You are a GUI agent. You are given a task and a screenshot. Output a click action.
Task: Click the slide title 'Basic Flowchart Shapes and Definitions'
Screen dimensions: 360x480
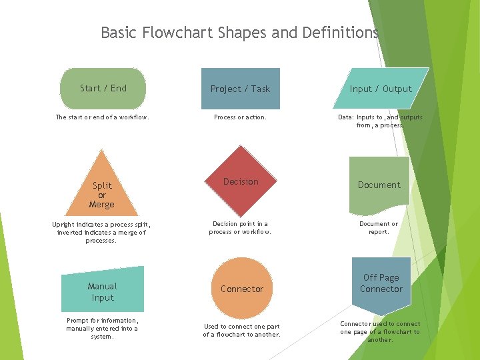[239, 32]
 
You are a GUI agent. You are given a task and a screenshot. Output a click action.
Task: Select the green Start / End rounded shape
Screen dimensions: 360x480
[103, 88]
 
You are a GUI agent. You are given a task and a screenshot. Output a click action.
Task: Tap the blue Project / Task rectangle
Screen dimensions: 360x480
[240, 89]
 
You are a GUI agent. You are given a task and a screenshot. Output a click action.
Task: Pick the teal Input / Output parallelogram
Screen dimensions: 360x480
[380, 89]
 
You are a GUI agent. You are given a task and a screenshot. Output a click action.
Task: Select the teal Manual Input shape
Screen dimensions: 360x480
[102, 291]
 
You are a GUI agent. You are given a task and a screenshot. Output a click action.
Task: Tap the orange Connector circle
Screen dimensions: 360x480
[241, 289]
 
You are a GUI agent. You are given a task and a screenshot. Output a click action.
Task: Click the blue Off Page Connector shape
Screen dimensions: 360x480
[381, 283]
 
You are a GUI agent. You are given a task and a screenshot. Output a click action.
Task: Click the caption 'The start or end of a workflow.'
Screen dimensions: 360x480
[102, 117]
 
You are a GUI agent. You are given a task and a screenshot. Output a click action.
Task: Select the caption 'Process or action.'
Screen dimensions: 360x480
[240, 117]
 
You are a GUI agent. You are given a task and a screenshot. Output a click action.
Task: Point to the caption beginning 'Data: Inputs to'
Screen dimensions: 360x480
[380, 121]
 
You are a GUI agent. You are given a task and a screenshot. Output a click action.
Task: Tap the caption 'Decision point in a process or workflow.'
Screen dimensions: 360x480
[240, 228]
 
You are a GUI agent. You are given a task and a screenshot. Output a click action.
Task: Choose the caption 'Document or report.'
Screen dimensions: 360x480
[379, 228]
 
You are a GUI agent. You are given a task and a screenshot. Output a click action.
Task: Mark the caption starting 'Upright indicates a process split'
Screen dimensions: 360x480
[101, 232]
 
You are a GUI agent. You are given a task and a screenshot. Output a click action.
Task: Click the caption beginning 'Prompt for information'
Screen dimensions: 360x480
[102, 328]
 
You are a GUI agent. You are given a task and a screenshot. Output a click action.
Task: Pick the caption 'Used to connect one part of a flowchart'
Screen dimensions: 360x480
[241, 330]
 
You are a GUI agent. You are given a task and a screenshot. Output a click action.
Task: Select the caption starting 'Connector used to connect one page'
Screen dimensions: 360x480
[380, 331]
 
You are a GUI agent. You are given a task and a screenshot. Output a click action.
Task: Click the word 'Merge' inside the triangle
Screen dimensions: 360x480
[102, 205]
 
